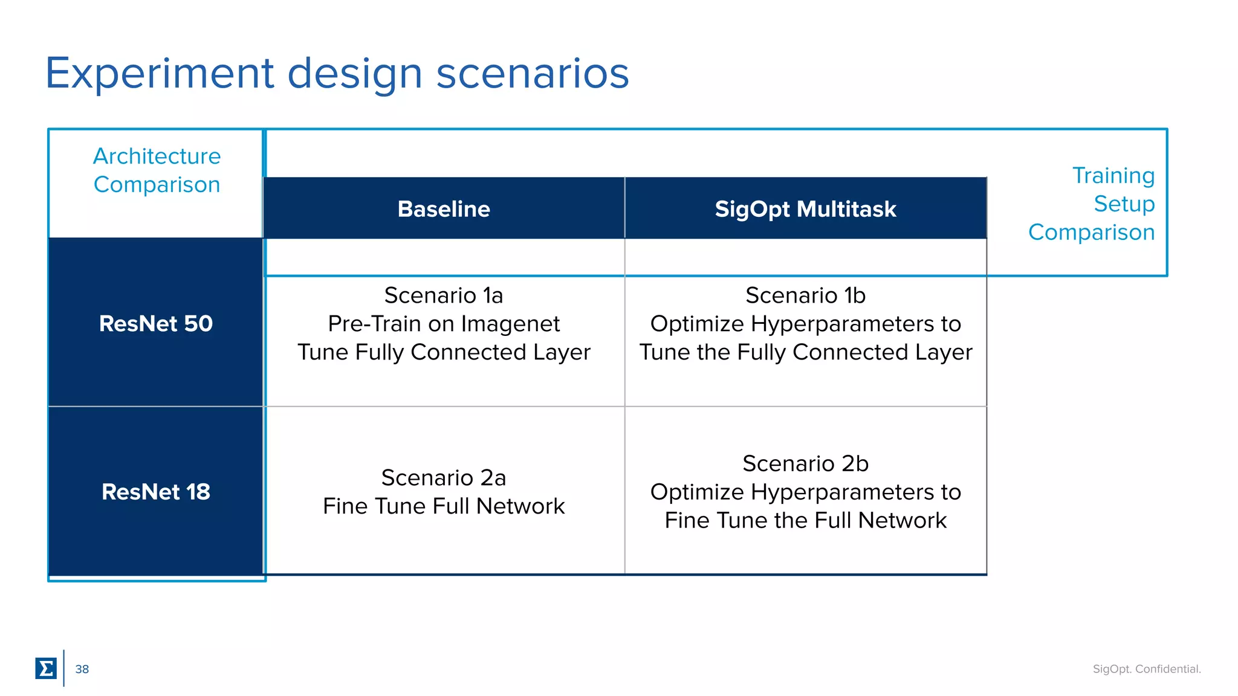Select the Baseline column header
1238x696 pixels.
[444, 209]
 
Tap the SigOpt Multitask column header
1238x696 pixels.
[805, 209]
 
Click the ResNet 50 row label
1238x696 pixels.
[156, 324]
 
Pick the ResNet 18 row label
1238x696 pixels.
[156, 492]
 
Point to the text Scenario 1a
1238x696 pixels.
[444, 295]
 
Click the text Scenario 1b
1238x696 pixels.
[805, 295]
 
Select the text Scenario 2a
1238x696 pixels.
[444, 478]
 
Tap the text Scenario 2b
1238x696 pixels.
[805, 463]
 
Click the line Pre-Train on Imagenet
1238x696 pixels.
[444, 324]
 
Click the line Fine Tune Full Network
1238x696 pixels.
[444, 506]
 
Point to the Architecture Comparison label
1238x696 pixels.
[157, 170]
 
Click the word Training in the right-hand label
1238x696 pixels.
[1113, 176]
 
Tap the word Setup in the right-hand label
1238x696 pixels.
[1124, 204]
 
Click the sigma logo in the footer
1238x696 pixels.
[46, 668]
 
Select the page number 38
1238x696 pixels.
[82, 669]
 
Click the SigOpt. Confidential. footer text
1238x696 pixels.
[1147, 669]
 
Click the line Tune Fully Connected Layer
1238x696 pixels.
[444, 352]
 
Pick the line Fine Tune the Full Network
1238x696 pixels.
[805, 520]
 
